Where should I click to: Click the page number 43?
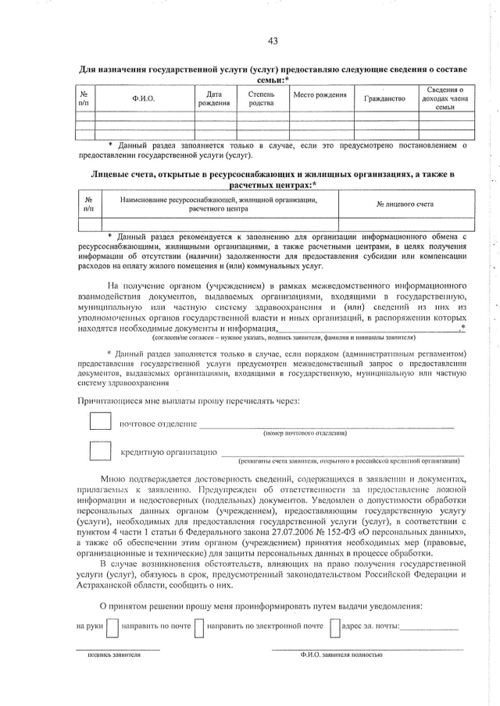[272, 41]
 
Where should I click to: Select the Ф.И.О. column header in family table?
[144, 99]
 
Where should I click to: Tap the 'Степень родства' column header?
[261, 98]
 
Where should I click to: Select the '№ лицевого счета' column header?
[405, 204]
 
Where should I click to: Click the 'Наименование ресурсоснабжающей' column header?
[218, 204]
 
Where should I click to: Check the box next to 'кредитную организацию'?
[100, 451]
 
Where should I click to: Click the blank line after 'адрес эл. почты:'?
[430, 629]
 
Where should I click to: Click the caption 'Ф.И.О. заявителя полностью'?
[341, 655]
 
